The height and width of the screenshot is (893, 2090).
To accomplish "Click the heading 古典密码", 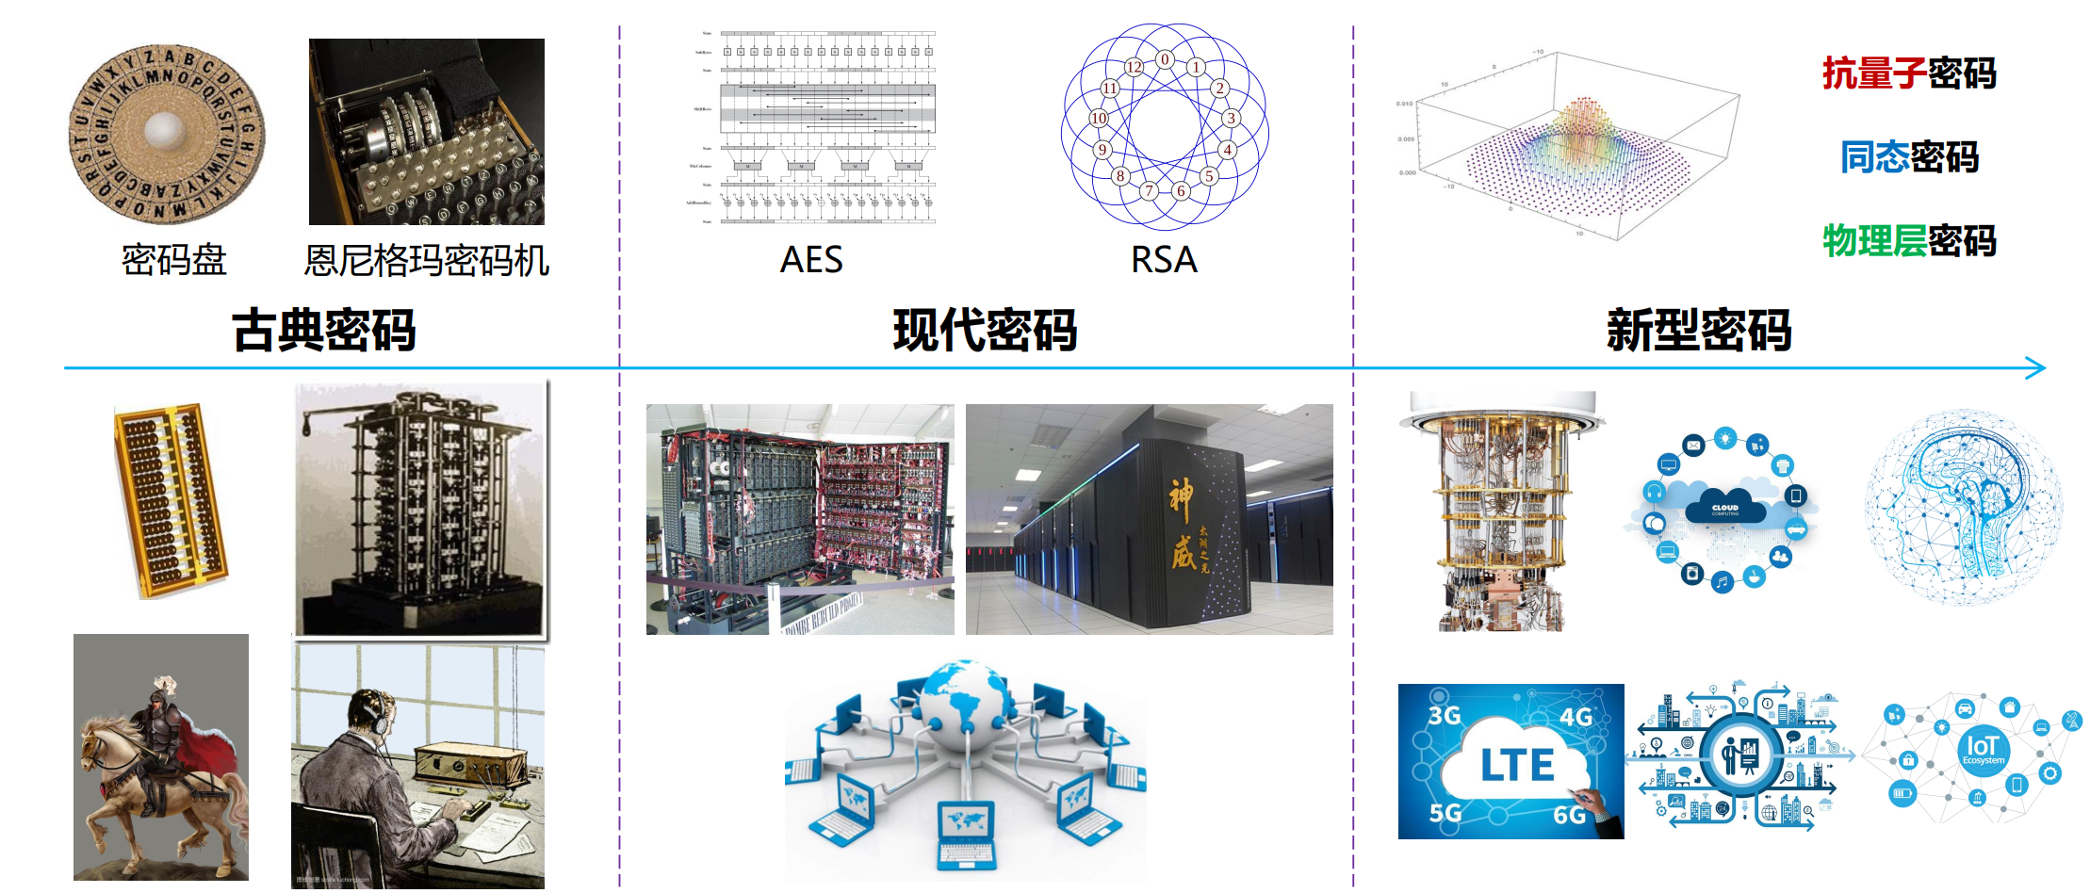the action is coord(323,331).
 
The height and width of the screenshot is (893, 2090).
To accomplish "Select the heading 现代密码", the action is coord(985,331).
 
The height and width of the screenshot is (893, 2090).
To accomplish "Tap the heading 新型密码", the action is coord(1698,331).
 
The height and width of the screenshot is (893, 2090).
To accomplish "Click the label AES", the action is coord(811,260).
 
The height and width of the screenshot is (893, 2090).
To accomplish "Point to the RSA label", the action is coord(1164,260).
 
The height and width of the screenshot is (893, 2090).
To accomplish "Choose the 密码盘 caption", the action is coord(174,260).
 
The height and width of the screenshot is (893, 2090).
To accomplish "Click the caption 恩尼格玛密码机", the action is coord(426,261).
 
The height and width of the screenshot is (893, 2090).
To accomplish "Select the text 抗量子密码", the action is coord(1909,73).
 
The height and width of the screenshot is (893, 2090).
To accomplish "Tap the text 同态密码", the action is coord(1909,157).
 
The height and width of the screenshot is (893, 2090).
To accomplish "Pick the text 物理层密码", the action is coord(1909,241).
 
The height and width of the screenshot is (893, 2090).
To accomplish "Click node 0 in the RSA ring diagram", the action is coord(1165,59).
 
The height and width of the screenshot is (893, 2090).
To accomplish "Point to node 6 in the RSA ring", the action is coord(1181,190).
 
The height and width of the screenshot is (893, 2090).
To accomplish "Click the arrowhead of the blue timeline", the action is coord(2037,368).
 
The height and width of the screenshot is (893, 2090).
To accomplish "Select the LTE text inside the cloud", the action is coord(1516,765).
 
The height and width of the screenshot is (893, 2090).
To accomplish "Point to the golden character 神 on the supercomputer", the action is coord(1182,500).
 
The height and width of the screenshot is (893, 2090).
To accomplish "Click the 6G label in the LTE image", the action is coord(1569,815).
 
